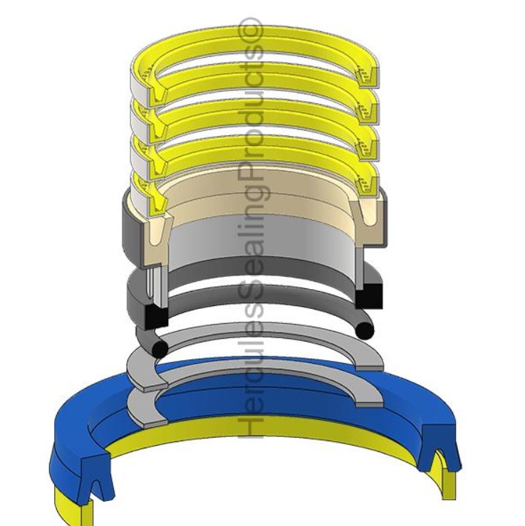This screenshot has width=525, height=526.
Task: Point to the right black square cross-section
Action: pos(370,294)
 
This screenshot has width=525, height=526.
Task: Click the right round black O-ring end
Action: pos(365,330)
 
